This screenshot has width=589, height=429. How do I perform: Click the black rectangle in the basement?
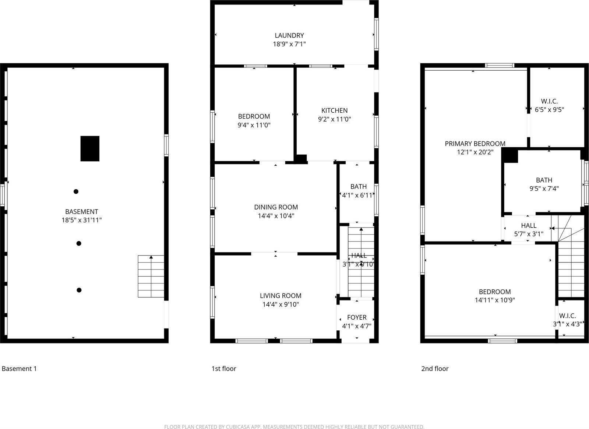(90, 148)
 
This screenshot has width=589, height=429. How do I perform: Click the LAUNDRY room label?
(289, 35)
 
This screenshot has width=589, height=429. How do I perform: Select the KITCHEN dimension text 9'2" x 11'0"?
(334, 119)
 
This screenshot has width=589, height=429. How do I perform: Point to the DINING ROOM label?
(276, 207)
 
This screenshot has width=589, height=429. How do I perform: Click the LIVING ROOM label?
(281, 295)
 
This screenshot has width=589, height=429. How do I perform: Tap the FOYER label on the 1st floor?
(357, 317)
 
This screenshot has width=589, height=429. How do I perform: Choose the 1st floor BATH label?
(359, 186)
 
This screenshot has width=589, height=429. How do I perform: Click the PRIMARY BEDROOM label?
(475, 144)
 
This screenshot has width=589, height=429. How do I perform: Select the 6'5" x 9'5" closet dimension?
(549, 109)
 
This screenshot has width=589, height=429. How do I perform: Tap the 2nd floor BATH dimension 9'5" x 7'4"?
(544, 189)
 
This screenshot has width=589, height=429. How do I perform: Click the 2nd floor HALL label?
(529, 225)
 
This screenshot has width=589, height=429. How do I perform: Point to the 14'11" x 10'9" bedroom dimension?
(495, 300)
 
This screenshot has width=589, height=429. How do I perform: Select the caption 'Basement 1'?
(19, 369)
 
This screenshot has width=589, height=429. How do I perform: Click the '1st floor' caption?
(223, 369)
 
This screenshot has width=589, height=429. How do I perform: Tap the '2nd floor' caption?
(435, 369)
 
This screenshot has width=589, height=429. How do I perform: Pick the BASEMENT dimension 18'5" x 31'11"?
(81, 220)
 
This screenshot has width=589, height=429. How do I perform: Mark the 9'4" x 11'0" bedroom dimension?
(254, 125)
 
